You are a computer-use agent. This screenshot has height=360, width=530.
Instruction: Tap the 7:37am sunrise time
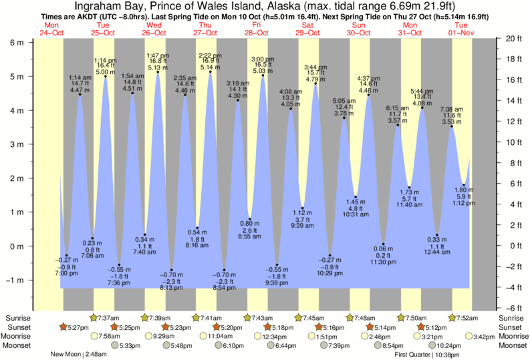click(109, 317)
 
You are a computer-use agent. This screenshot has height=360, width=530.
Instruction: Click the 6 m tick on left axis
click(15, 42)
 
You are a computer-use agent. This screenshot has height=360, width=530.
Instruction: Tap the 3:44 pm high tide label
click(315, 67)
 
